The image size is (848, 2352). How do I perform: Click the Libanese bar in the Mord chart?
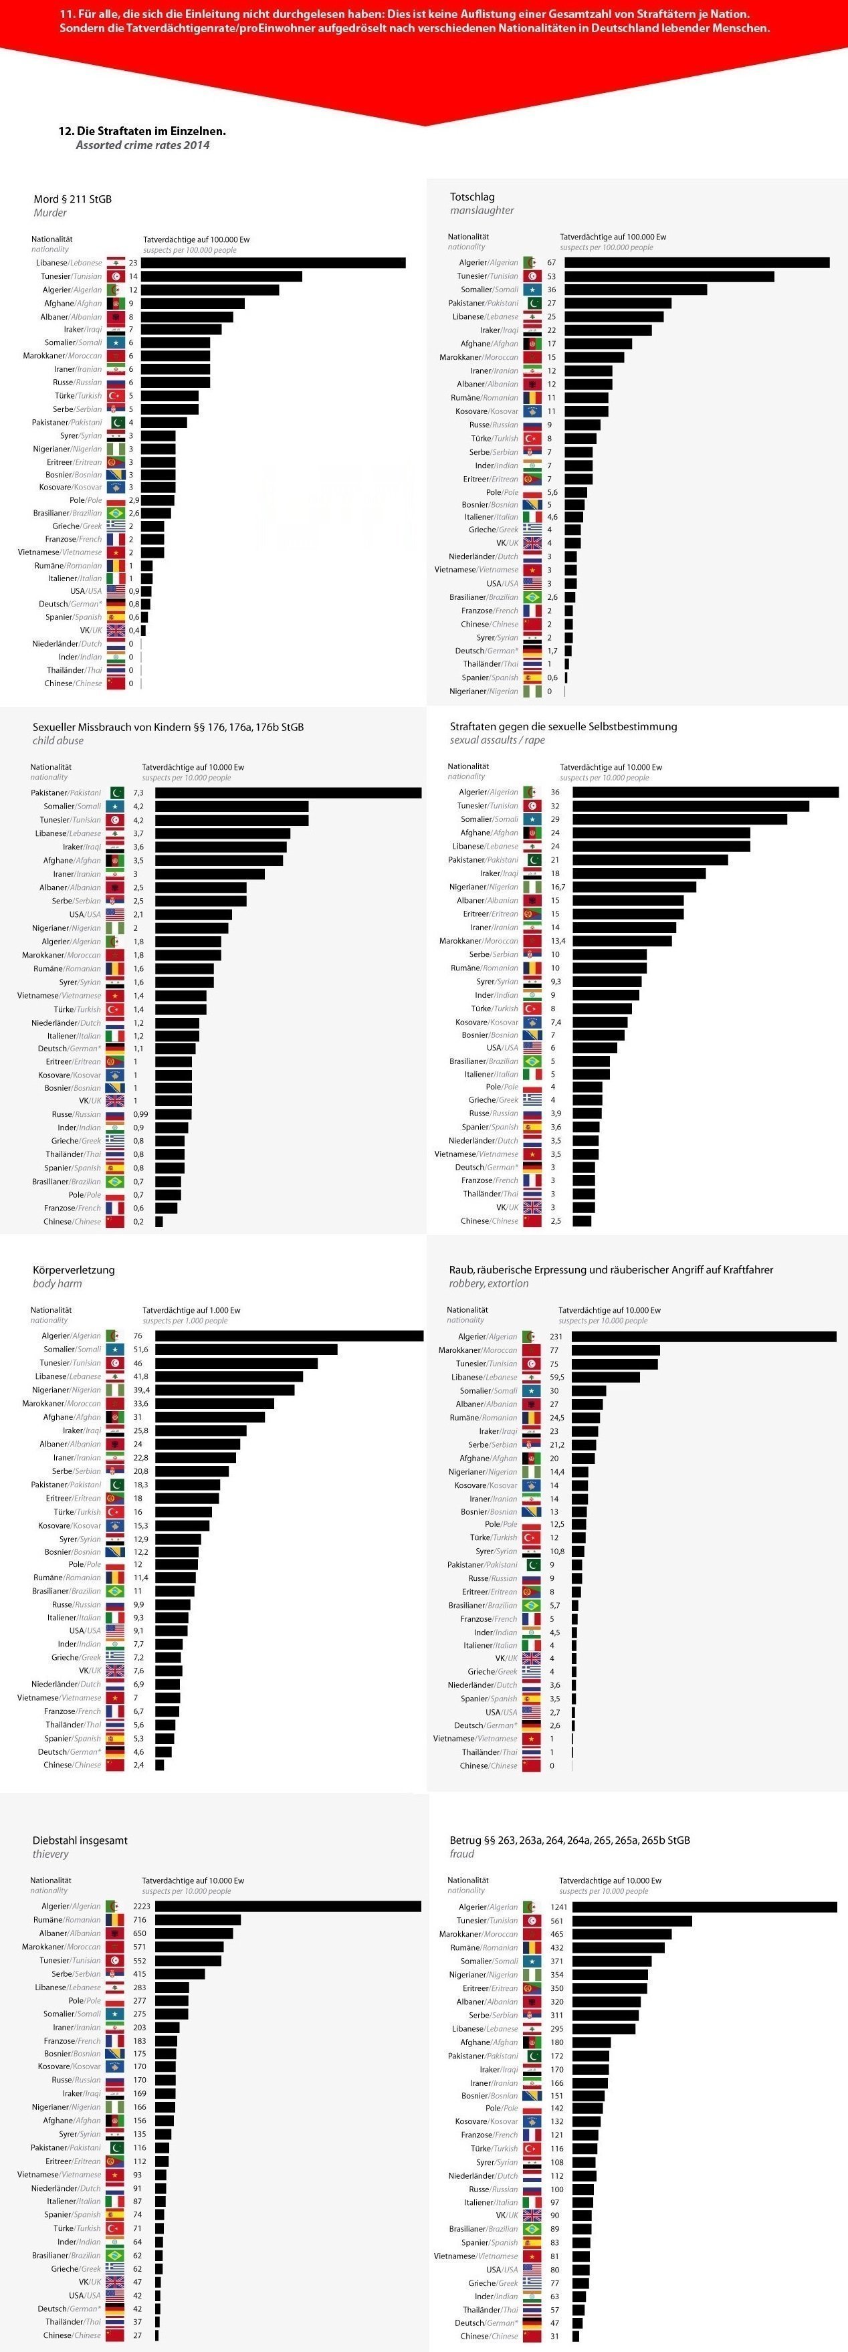tap(273, 263)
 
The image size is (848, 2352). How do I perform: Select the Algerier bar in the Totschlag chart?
tap(696, 263)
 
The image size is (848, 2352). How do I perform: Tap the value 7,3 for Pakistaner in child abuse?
tap(138, 792)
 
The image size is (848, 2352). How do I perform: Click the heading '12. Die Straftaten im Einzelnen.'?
tap(142, 130)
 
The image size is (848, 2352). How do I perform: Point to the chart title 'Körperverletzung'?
tap(74, 1269)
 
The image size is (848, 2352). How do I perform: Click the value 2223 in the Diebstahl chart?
tap(142, 1907)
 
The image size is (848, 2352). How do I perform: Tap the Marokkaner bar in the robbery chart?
tap(615, 1350)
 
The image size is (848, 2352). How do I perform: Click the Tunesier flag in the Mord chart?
tap(116, 276)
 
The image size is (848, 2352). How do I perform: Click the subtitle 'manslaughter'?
tap(482, 210)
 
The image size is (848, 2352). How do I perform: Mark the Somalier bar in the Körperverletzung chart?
tap(245, 1350)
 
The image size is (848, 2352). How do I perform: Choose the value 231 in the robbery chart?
tap(556, 1337)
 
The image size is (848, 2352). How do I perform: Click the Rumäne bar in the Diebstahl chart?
tap(197, 1920)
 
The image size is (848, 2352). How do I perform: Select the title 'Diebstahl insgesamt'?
tap(80, 1840)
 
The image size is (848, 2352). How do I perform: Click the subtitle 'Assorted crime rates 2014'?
tap(142, 145)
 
